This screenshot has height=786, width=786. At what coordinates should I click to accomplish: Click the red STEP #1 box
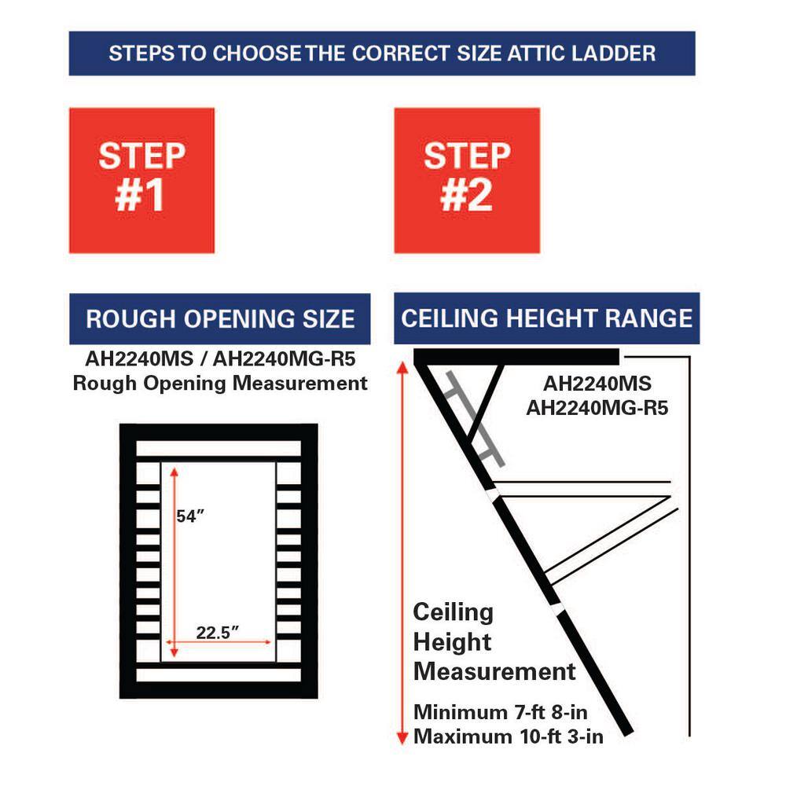point(141,180)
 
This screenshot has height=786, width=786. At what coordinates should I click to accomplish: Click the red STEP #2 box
point(467,180)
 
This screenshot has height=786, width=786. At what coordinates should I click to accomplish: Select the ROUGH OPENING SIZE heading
point(220,319)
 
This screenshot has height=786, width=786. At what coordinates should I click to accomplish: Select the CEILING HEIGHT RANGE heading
point(546,318)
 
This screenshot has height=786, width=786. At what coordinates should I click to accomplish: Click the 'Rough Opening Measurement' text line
point(220,383)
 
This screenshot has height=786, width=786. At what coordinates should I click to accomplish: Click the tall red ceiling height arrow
point(402,550)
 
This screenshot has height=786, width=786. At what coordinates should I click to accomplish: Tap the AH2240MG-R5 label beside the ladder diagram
point(597,408)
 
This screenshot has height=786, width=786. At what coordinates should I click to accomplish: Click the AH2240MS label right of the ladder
point(597,385)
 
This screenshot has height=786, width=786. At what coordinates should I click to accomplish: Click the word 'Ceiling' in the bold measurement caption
point(454,612)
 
